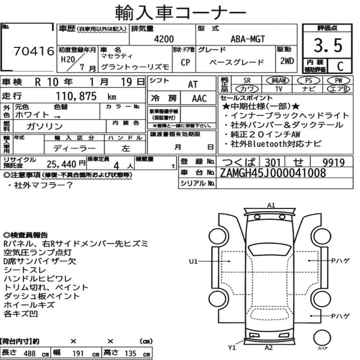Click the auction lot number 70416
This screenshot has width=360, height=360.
[x=34, y=51]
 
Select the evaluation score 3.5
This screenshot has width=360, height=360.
[x=328, y=45]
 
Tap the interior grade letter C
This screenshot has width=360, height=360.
[x=340, y=66]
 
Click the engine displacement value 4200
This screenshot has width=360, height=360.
[x=164, y=39]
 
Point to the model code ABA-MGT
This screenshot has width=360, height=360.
[x=248, y=39]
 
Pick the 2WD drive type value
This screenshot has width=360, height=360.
[x=287, y=61]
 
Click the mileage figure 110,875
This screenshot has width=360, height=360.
[x=76, y=96]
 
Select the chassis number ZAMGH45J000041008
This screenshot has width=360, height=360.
[x=273, y=173]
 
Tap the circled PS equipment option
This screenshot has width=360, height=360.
[x=309, y=81]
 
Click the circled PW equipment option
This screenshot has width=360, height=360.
[x=338, y=81]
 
